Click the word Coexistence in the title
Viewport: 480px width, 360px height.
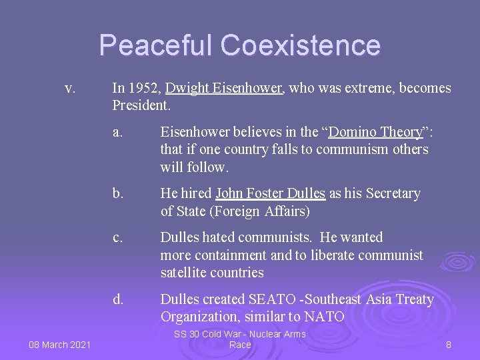tap(301, 45)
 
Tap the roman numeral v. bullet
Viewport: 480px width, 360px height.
tap(69, 88)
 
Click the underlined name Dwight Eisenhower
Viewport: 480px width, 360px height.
tap(225, 88)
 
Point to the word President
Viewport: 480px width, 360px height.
tap(141, 105)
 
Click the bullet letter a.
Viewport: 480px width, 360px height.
tap(117, 132)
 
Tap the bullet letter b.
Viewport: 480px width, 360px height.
tap(118, 193)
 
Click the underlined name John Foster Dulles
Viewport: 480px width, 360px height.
tap(271, 193)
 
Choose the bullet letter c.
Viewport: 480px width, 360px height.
tap(117, 237)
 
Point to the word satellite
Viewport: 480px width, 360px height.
tap(183, 272)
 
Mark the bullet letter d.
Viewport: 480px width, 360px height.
tap(118, 299)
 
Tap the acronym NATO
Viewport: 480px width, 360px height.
tap(325, 317)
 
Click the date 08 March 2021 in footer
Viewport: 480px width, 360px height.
tap(60, 345)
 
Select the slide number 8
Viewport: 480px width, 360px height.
tap(449, 345)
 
